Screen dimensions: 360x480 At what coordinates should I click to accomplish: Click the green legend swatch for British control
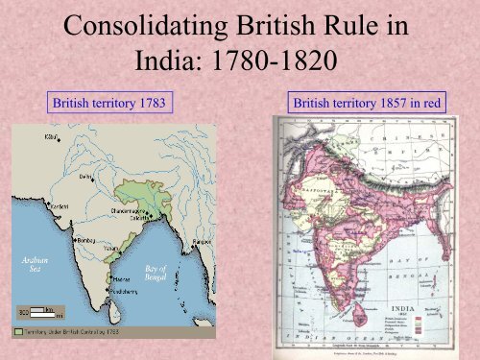(18, 331)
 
